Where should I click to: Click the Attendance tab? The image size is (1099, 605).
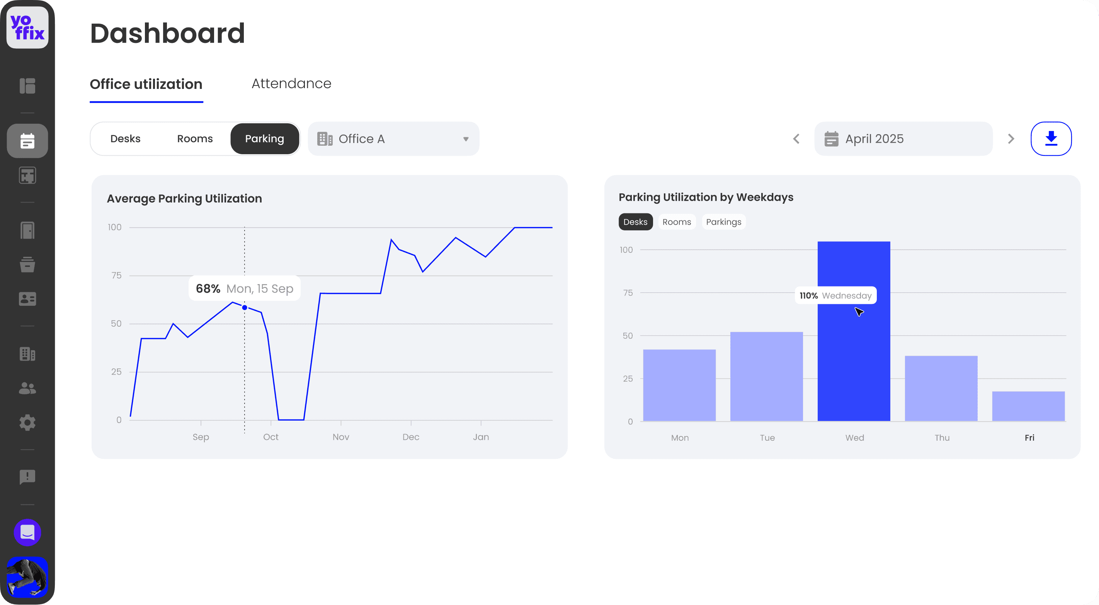[291, 84]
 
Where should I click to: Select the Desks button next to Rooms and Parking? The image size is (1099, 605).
[125, 139]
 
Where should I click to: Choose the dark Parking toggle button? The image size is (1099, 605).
[265, 139]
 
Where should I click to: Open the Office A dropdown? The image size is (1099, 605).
[393, 139]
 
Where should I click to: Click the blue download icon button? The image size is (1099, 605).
[1051, 139]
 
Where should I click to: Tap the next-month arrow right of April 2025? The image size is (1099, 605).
[1011, 139]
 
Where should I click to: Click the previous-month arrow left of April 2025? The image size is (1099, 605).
[796, 139]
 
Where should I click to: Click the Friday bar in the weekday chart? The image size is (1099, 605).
[1028, 406]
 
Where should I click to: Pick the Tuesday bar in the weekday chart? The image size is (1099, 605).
[766, 376]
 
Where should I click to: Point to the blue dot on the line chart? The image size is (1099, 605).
[245, 308]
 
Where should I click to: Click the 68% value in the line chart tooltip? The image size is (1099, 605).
[208, 289]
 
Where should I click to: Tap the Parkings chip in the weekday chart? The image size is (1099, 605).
[723, 222]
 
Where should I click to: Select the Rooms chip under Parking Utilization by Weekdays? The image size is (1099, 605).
[676, 222]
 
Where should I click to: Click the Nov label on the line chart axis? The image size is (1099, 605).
[340, 437]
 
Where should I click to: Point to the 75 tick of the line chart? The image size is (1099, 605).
[116, 276]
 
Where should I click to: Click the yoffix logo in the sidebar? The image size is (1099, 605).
[27, 27]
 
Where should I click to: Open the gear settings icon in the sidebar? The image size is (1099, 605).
[27, 423]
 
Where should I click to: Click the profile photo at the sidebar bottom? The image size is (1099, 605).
[27, 577]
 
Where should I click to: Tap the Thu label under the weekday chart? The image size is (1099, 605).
[942, 438]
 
